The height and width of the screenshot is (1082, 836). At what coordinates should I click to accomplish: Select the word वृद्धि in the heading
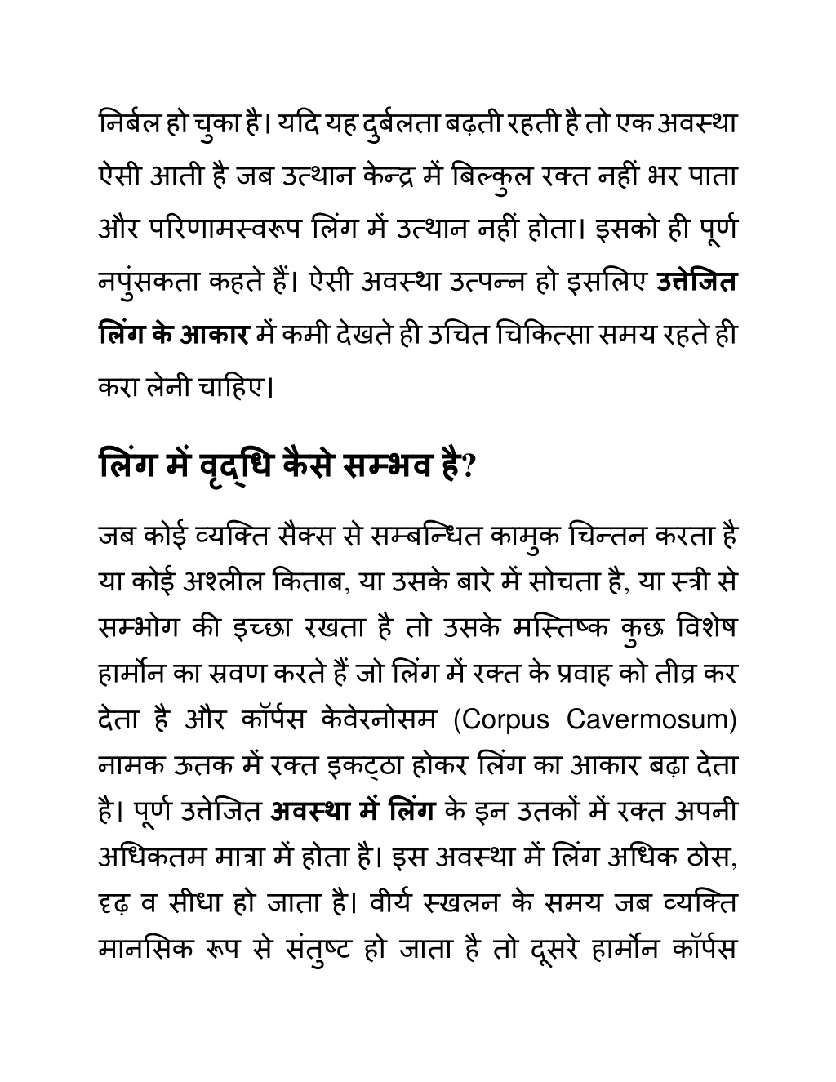pos(231,466)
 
